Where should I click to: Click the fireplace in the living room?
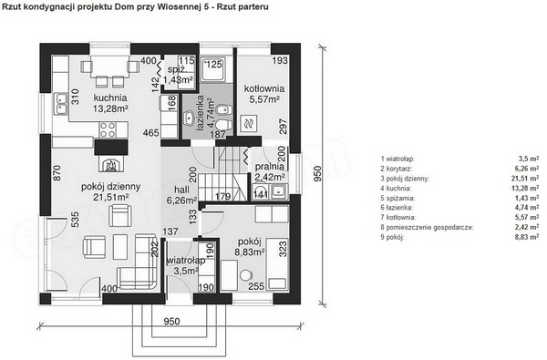tap(111, 164)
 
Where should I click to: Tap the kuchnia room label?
tap(110, 98)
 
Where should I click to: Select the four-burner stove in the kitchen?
tap(108, 129)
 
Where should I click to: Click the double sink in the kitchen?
tap(60, 104)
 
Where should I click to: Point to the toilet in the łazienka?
tap(223, 124)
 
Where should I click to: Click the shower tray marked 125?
tap(213, 68)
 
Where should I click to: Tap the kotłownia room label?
tap(264, 88)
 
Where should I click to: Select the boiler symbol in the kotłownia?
tap(249, 123)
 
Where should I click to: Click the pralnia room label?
tap(269, 166)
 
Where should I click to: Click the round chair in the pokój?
tap(246, 275)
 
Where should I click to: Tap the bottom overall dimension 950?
tap(171, 321)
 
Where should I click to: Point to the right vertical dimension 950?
tap(317, 173)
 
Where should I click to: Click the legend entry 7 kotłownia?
tap(398, 217)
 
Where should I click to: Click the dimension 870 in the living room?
tap(57, 172)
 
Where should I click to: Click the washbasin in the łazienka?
tap(190, 118)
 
